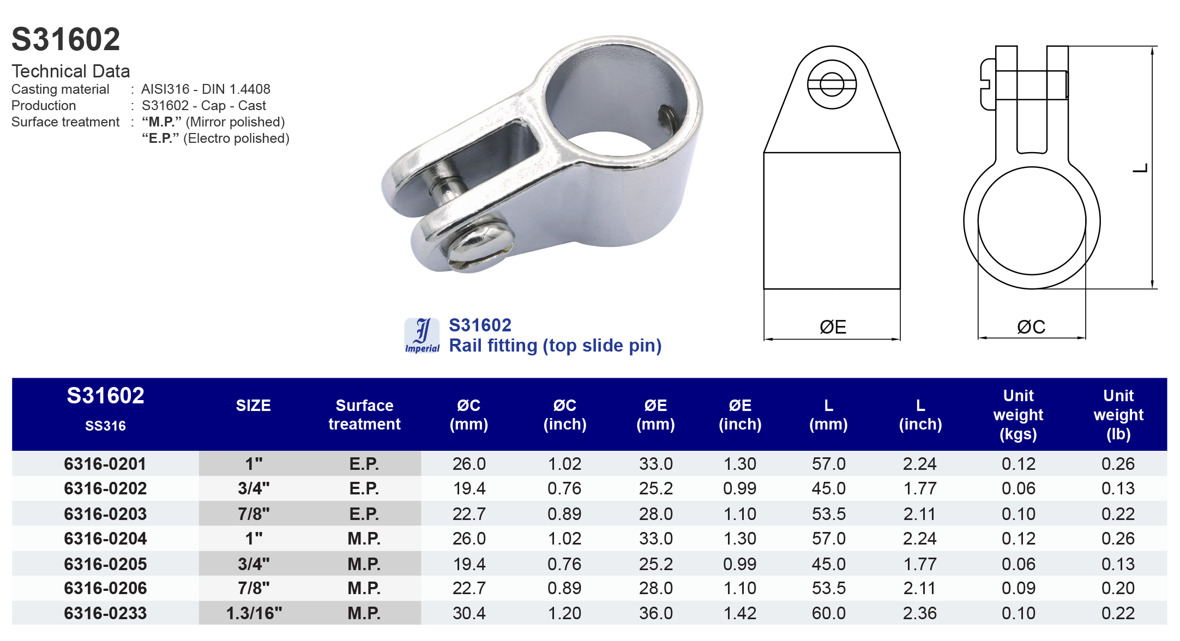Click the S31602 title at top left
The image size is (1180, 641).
(65, 40)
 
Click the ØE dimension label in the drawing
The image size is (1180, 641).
(833, 327)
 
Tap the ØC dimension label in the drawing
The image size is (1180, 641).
(1031, 327)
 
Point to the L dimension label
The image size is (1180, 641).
(1140, 168)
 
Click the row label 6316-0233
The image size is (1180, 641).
(105, 613)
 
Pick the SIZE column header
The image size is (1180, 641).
(253, 406)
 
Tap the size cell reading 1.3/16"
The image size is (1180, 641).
(254, 613)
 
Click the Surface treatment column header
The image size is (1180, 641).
(364, 415)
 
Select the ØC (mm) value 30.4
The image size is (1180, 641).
(469, 613)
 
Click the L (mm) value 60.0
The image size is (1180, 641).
(828, 613)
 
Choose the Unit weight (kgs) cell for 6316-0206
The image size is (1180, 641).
(1018, 588)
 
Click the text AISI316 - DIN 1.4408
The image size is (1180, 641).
(206, 89)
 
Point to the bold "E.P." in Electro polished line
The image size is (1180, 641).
(160, 138)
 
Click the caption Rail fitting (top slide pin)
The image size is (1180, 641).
(555, 346)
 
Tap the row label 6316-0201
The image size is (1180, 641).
(105, 464)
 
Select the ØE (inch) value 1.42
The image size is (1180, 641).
(739, 613)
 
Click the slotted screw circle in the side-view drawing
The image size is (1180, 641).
(832, 84)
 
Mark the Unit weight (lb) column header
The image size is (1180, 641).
(1118, 415)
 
